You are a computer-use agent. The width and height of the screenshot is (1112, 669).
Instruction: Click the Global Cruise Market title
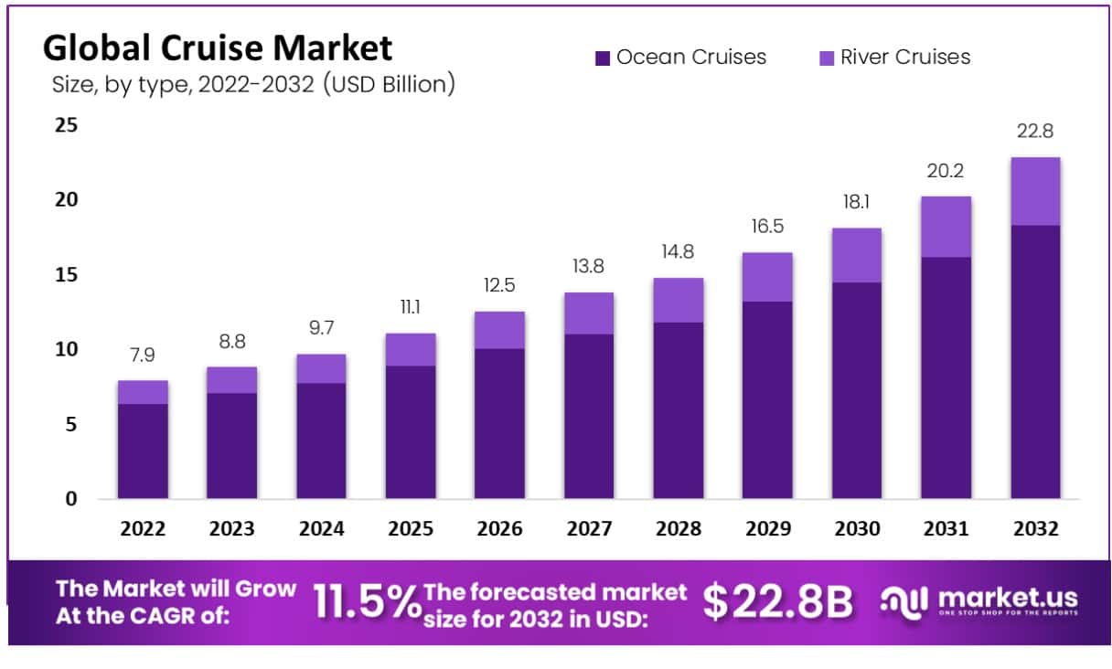(218, 48)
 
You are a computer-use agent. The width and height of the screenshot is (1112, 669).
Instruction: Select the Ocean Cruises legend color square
(602, 58)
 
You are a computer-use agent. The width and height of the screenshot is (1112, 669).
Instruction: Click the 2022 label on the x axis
(142, 529)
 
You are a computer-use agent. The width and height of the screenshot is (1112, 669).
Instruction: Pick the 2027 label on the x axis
(589, 529)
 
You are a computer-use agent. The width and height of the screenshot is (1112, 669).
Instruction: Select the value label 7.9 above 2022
(142, 354)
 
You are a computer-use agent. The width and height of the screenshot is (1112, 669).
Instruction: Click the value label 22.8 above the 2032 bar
(1034, 132)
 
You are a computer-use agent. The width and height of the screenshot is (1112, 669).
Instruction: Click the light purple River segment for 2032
(1035, 191)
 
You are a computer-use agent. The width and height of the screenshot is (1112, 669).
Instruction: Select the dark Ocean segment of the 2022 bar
(143, 451)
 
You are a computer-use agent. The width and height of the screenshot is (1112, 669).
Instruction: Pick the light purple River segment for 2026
(499, 330)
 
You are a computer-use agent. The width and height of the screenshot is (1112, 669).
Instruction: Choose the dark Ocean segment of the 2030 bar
(856, 390)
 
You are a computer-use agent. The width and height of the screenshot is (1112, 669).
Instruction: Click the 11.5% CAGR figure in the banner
(366, 602)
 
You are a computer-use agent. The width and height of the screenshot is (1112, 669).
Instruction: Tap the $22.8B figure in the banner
(777, 602)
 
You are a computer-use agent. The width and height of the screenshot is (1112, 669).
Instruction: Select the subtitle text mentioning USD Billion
(252, 85)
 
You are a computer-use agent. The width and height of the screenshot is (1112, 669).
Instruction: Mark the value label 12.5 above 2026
(499, 286)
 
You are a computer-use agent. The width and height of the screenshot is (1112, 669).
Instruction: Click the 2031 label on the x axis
(946, 529)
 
